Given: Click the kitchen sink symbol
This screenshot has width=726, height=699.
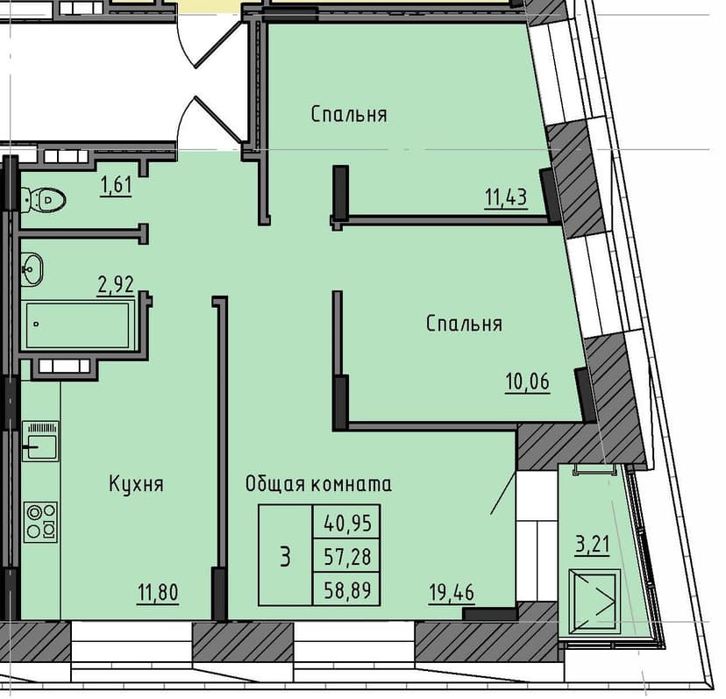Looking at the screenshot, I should tap(40, 439).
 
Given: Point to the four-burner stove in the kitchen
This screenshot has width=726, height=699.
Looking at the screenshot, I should tap(40, 521).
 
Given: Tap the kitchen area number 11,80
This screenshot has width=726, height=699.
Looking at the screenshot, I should tap(159, 594).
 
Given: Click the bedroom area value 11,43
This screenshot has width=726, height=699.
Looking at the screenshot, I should tap(505, 196).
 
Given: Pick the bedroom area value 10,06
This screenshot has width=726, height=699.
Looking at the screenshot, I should tap(526, 382).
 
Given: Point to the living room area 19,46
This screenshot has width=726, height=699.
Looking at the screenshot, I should tap(452, 594).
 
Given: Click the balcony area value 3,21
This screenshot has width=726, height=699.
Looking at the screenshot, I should tap(592, 546).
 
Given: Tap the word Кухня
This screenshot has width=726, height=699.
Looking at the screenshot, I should tap(137, 483).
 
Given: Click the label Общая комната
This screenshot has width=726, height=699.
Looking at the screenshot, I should tap(318, 483).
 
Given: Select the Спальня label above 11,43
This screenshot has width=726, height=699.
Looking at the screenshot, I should tap(349, 114).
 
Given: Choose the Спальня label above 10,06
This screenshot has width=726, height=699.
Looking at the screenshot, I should tap(464, 324).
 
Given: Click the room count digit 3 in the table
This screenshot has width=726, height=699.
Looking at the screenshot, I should tap(284, 555).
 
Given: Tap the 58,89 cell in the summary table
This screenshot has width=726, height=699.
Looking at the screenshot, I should tap(347, 588).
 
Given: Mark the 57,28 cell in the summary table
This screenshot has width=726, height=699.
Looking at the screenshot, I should tap(347, 556).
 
